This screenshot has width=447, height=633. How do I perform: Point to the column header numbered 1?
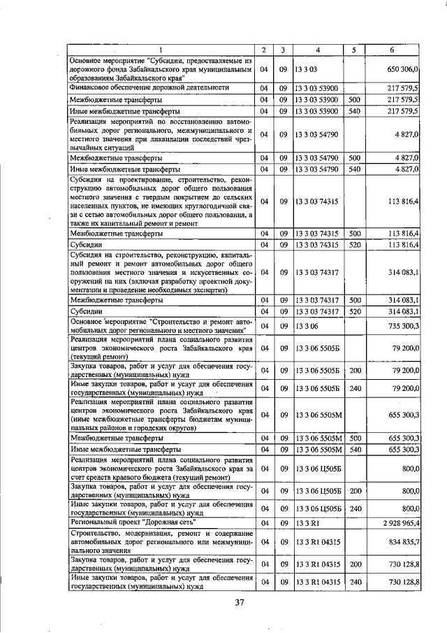(160, 50)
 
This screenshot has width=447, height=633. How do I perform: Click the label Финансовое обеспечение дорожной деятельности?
(150, 87)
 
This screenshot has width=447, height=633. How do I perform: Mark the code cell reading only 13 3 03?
(306, 70)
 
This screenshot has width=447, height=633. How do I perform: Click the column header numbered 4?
(317, 50)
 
